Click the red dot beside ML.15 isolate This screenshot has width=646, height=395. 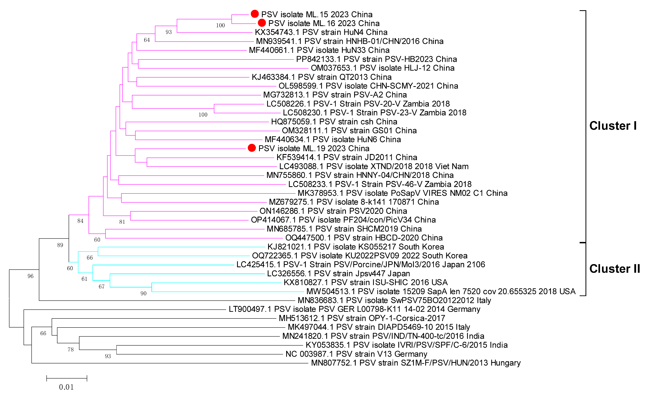click(x=255, y=14)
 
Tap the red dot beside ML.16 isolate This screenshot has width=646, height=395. click(x=262, y=23)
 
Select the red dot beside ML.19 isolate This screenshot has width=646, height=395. click(x=252, y=148)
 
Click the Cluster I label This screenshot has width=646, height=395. click(x=613, y=126)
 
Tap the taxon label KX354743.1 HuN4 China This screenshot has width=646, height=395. click(x=321, y=32)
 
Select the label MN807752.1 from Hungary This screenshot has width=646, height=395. click(x=416, y=363)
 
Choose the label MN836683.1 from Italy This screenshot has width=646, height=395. click(x=394, y=300)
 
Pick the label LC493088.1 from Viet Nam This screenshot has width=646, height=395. click(x=374, y=166)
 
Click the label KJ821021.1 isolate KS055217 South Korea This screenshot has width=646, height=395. click(x=356, y=247)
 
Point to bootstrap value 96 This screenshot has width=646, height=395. click(x=30, y=276)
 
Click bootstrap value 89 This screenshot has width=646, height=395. click(x=60, y=245)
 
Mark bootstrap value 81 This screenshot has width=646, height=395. click(x=122, y=222)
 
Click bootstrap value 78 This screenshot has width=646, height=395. click(x=71, y=349)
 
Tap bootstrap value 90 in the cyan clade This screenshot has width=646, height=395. click(x=143, y=293)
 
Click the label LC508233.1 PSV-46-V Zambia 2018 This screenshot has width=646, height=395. click(x=380, y=184)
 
